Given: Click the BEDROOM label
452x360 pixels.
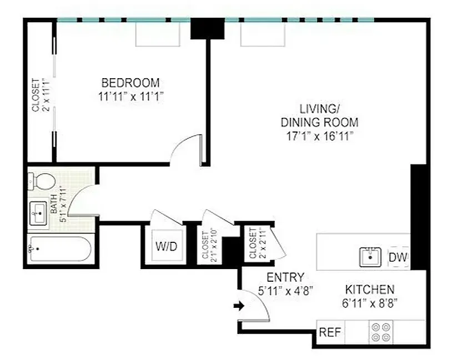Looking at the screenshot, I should (x=130, y=83).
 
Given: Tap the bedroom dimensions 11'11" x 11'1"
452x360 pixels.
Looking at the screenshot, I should (x=130, y=95).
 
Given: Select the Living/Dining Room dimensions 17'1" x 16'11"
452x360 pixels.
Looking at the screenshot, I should (x=319, y=136).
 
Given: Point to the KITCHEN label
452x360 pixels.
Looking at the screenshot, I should (x=370, y=290).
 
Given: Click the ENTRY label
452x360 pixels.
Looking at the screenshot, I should (x=285, y=277).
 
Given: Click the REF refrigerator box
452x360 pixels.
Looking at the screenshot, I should (x=330, y=333).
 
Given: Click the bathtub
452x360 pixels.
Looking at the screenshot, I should (x=59, y=250).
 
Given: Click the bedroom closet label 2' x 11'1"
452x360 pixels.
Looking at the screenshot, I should (x=41, y=95).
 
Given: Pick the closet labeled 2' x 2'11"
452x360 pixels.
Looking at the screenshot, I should (x=257, y=243).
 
